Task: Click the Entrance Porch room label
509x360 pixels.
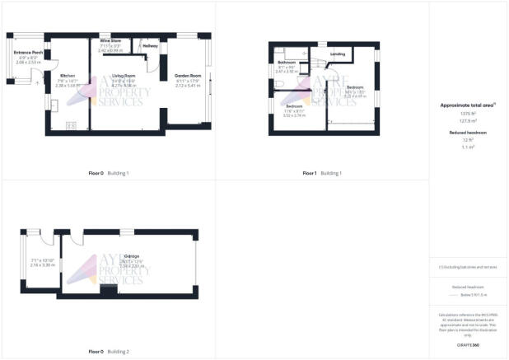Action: point(28,54)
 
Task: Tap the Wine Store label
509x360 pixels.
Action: point(110,40)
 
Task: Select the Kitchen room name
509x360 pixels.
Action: point(67,76)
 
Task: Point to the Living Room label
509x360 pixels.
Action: point(123,76)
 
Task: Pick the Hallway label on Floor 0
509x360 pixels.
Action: point(150,46)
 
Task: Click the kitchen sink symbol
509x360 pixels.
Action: point(53,104)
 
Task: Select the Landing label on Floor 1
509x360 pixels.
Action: point(338,54)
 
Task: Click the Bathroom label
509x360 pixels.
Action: point(287,63)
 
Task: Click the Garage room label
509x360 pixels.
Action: point(131,256)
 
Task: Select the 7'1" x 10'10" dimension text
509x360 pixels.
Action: point(42,260)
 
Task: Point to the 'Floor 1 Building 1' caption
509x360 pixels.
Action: point(321,173)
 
